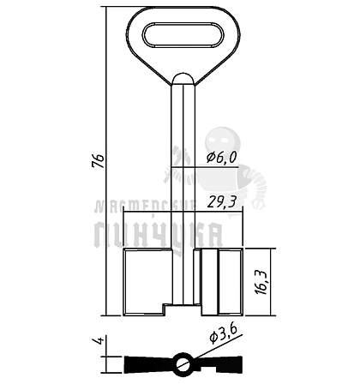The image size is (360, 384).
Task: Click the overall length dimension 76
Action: tap(99, 161)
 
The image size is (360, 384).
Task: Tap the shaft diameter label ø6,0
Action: tap(222, 157)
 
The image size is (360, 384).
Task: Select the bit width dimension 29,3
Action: tap(222, 202)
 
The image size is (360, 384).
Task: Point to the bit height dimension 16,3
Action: tap(262, 282)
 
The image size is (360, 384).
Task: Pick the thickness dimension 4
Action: tap(99, 340)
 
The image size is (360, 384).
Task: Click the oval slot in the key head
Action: tap(183, 34)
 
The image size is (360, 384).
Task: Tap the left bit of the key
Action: tap(147, 282)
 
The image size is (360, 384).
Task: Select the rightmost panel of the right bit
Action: tap(231, 282)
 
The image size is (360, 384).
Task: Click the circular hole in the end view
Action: tap(183, 363)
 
